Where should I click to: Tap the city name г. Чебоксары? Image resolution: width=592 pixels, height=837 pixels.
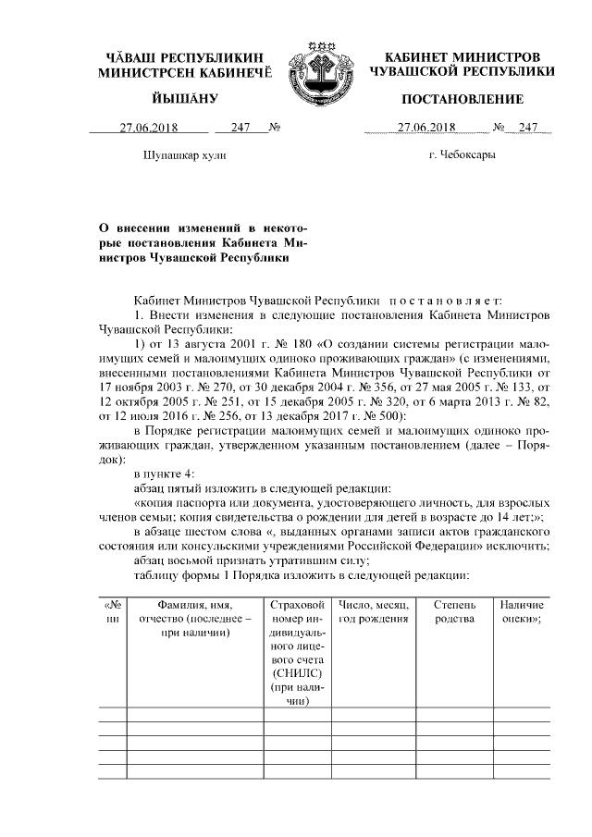coord(462,155)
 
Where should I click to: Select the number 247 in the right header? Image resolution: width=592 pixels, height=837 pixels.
coord(528,129)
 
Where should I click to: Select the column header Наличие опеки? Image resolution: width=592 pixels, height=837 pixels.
coord(521,611)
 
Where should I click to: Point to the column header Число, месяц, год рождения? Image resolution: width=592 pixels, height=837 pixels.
coord(374,611)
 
